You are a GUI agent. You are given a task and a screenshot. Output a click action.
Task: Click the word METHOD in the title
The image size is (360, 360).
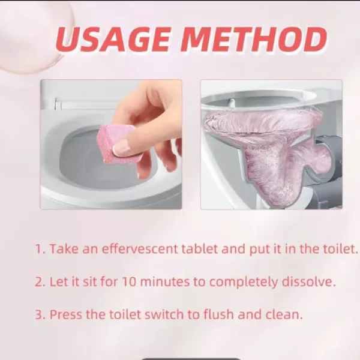[x=254, y=40]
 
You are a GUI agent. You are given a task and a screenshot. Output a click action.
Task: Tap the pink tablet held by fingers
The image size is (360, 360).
[x=115, y=143]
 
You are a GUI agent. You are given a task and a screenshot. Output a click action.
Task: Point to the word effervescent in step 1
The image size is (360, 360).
[x=140, y=248]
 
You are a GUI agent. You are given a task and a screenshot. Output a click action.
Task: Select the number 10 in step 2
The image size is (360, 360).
[x=129, y=281]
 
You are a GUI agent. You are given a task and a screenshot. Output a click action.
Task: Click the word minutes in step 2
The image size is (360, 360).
[x=164, y=281]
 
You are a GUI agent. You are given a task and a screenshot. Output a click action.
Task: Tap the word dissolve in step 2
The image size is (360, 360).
[x=308, y=281]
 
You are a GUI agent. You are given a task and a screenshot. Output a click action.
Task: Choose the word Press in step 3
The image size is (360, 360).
[x=65, y=314]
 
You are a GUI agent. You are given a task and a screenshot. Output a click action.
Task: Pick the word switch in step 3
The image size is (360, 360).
[x=164, y=314]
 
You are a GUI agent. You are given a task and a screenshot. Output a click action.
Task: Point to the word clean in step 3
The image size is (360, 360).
[x=284, y=314]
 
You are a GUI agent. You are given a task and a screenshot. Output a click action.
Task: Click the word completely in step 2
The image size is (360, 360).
[x=243, y=282]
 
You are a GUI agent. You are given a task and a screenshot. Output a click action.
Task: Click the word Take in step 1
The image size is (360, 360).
[x=64, y=248]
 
